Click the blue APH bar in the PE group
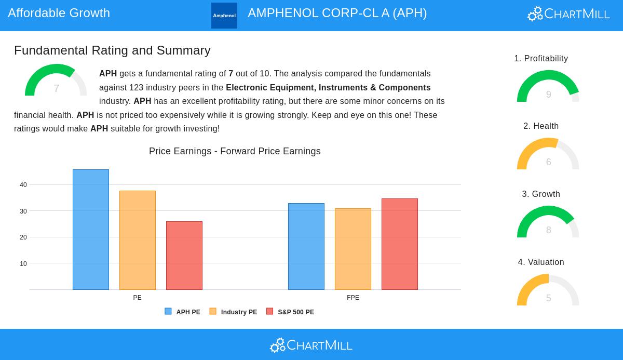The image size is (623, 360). click(91, 230)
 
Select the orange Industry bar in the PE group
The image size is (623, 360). click(138, 240)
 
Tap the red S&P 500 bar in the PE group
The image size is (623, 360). click(184, 256)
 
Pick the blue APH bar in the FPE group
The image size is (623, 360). click(306, 246)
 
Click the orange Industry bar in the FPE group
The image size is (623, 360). click(353, 249)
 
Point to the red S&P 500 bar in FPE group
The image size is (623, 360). click(400, 244)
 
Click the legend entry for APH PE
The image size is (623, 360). click(183, 312)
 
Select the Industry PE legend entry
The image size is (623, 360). click(233, 312)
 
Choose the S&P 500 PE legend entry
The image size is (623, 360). click(290, 312)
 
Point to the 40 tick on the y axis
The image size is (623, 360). click(23, 185)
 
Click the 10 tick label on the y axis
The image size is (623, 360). click(23, 264)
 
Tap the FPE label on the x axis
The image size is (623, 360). click(353, 298)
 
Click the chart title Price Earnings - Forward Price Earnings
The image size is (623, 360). click(235, 151)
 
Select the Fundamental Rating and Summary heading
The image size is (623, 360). click(112, 50)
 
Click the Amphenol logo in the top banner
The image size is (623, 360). click(224, 16)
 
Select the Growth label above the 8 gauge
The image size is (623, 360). click(541, 194)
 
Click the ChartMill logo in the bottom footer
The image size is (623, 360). click(311, 345)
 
